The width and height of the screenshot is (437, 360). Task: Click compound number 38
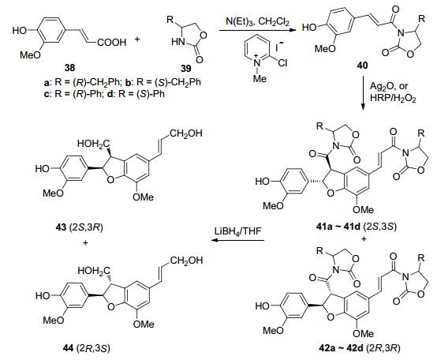(x=69, y=67)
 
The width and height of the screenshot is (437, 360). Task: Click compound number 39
(x=186, y=68)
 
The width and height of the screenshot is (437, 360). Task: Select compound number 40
(x=362, y=66)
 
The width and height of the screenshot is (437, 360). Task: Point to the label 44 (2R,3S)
(x=85, y=348)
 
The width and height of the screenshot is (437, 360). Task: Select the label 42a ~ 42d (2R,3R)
(x=360, y=348)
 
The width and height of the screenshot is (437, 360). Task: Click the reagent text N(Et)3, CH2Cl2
(x=257, y=22)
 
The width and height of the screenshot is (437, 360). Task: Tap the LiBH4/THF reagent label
(x=237, y=231)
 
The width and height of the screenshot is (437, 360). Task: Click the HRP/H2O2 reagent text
(x=393, y=98)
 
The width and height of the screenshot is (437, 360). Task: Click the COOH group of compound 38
(x=112, y=43)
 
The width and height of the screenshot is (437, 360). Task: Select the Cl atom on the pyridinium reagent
(x=282, y=62)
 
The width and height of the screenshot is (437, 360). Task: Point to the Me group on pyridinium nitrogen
(x=260, y=79)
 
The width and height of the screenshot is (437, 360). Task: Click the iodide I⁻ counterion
(x=278, y=47)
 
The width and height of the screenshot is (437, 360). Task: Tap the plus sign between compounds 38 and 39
(x=136, y=39)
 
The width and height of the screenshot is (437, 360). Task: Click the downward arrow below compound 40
(x=363, y=94)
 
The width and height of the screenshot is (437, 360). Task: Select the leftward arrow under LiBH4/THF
(x=237, y=240)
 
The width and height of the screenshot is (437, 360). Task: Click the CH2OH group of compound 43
(x=186, y=133)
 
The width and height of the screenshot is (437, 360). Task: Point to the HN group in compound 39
(x=178, y=42)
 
